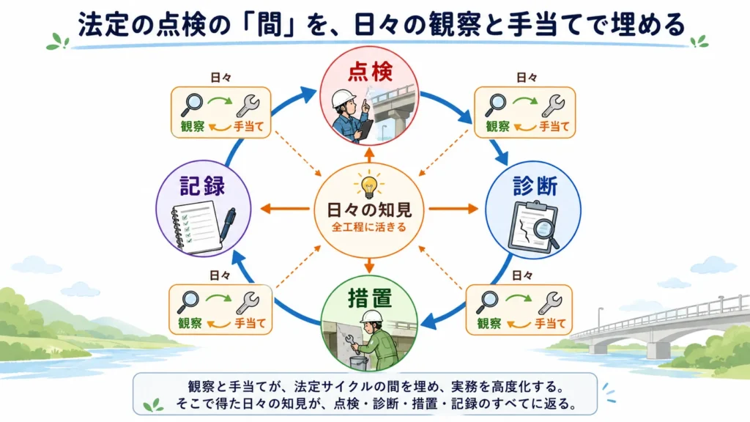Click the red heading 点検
point(370,71)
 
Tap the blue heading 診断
point(535,185)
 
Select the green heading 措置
point(370,299)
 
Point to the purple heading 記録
point(202,185)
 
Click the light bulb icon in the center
point(369,186)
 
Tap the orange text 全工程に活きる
point(369,227)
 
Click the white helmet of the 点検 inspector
point(344,98)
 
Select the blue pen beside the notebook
point(228,224)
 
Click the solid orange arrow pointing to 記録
point(285,209)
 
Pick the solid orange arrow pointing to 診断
point(453,209)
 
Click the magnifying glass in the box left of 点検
point(192,105)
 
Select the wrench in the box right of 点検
point(553,105)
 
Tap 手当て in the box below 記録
point(250,323)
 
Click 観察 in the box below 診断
point(489,323)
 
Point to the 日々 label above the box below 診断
point(521,275)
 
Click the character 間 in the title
point(270,26)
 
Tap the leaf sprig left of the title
point(58,42)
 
